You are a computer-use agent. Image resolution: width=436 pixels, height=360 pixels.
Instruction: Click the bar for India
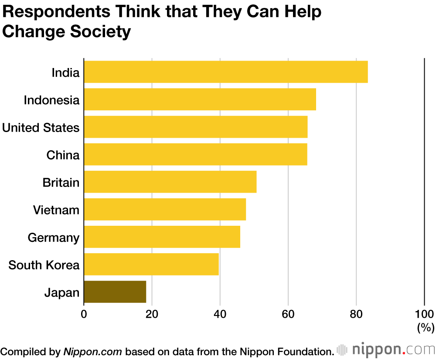[x=225, y=72]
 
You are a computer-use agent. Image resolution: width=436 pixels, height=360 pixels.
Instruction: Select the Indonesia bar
[x=200, y=99]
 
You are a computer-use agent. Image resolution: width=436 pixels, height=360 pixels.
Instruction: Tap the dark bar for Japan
[x=115, y=292]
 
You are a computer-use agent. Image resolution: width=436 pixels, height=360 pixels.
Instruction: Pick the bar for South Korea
[x=151, y=265]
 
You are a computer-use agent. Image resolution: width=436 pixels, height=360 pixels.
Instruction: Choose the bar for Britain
[x=170, y=182]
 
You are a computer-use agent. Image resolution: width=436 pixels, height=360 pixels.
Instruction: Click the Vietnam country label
[x=56, y=210]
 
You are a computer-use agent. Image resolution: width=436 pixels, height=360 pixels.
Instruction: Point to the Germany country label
[x=54, y=238]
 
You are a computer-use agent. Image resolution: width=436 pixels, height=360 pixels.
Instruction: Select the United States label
[x=41, y=128]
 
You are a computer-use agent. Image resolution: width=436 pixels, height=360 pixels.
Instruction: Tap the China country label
[x=63, y=155]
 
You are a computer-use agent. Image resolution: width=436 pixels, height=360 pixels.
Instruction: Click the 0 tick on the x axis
[x=84, y=314]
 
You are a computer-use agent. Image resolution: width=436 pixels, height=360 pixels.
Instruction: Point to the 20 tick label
[x=152, y=314]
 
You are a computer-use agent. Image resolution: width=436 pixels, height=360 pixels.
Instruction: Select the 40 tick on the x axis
[x=220, y=314]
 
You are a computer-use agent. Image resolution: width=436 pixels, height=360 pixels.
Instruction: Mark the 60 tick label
[x=288, y=314]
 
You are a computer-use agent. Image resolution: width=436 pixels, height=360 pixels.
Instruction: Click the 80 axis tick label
[x=356, y=314]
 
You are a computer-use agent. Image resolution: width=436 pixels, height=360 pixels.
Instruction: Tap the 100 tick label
[x=424, y=314]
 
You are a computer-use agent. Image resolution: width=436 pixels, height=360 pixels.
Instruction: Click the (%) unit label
[x=426, y=327]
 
